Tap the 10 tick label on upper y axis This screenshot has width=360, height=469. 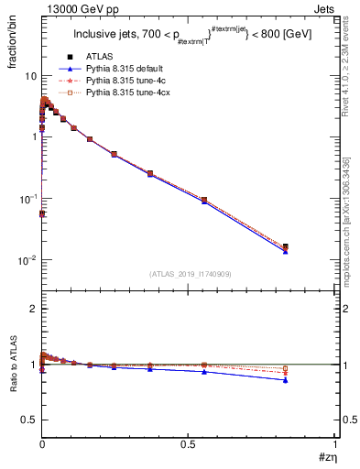(x=30, y=76)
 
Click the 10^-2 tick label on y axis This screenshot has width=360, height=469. (x=27, y=261)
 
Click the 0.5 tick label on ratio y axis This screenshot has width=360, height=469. (x=29, y=420)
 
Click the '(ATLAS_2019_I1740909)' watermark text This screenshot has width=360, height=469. (x=190, y=274)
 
